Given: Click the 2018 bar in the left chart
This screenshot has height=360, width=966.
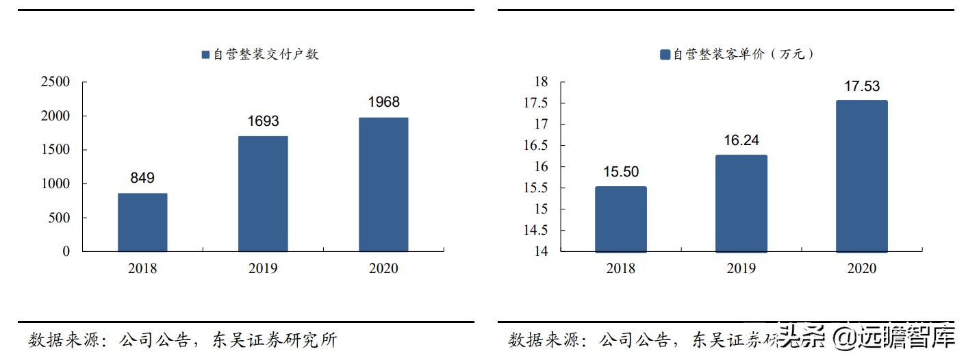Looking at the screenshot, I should (142, 222).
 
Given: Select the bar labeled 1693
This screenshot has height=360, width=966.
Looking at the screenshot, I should (263, 194).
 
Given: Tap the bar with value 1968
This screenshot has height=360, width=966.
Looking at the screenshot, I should (383, 185).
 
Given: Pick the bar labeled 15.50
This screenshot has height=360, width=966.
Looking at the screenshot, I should (620, 219).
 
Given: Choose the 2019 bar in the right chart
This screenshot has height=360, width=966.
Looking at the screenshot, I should (741, 203).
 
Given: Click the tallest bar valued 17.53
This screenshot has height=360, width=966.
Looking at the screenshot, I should (861, 177).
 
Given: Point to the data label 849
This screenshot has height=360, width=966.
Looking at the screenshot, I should (142, 178).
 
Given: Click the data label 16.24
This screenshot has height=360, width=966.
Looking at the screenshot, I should (741, 140).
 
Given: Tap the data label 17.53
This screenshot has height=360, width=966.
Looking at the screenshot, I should (861, 86).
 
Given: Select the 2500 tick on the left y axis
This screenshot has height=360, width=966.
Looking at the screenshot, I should (56, 82).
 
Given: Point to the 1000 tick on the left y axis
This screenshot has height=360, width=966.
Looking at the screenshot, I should (56, 184).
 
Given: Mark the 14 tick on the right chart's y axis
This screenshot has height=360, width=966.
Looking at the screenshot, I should (542, 251).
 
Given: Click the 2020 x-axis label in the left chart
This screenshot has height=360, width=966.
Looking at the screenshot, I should (383, 268).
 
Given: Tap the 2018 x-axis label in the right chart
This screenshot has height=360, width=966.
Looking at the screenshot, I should (620, 268).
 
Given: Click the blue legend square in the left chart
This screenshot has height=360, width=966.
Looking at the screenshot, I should (205, 55).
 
